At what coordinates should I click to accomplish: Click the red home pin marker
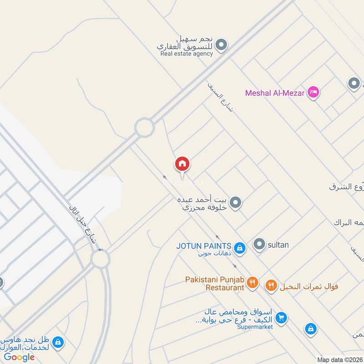click(x=182, y=164)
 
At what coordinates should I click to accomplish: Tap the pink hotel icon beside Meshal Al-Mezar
click(x=313, y=92)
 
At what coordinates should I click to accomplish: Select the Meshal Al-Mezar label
click(x=274, y=93)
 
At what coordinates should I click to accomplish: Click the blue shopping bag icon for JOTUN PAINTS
click(x=241, y=248)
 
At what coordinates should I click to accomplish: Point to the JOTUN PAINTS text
click(x=204, y=246)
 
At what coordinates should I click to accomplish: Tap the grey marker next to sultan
click(x=259, y=245)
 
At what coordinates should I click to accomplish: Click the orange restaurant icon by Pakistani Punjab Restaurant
click(x=253, y=284)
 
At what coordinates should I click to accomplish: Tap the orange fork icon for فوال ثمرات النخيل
click(x=271, y=285)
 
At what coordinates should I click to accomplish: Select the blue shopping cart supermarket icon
click(x=281, y=318)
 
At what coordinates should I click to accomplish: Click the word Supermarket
click(x=255, y=327)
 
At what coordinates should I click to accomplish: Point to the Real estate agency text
click(x=187, y=54)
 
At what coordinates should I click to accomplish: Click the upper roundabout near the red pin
click(x=144, y=127)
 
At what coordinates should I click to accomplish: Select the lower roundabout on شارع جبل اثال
click(x=100, y=260)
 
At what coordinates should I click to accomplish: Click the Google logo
click(x=20, y=357)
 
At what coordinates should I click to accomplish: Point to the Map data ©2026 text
click(x=339, y=359)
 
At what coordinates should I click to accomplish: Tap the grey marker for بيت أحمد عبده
click(x=235, y=203)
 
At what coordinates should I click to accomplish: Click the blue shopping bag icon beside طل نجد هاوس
click(x=58, y=342)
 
